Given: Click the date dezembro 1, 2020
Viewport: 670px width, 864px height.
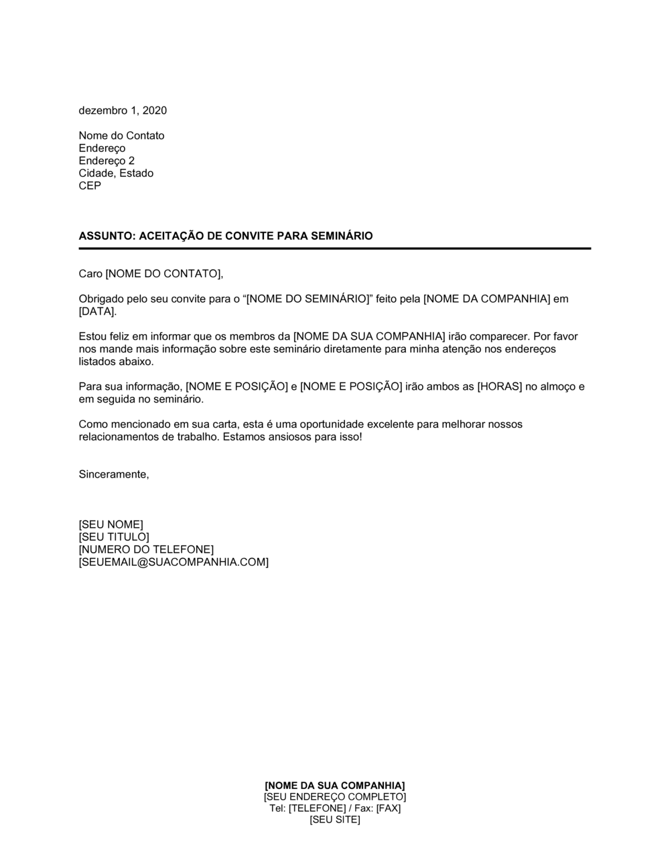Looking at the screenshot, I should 123,111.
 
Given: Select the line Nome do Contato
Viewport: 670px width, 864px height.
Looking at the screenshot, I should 121,136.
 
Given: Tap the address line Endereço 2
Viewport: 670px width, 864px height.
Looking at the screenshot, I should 107,161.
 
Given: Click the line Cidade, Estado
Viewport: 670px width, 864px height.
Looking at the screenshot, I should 116,173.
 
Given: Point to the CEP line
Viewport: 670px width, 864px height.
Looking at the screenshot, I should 90,186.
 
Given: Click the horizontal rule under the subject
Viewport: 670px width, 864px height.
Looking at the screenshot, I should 334,248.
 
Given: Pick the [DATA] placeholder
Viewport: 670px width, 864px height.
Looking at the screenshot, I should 96,311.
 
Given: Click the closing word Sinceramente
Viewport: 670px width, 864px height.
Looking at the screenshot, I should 113,474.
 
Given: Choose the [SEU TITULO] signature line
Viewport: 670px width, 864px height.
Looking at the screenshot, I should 114,537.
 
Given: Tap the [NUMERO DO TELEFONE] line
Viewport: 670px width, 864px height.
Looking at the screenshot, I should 146,550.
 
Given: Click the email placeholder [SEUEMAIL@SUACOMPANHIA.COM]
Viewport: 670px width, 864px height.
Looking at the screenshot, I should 174,562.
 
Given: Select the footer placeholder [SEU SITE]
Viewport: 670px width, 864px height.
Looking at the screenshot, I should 334,820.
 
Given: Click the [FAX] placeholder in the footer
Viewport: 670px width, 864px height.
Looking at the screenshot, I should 388,808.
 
